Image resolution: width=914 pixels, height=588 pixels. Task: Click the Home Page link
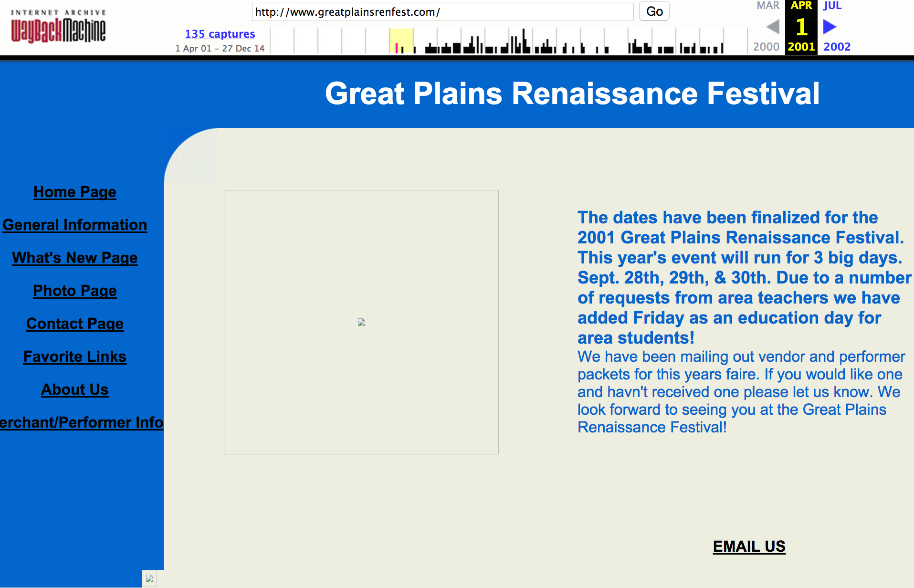click(x=75, y=192)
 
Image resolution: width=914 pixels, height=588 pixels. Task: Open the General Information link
click(x=75, y=225)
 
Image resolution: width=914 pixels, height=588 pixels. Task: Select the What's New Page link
click(x=75, y=258)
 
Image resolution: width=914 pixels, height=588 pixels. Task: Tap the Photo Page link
click(x=75, y=291)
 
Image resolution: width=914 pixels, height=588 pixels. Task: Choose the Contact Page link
click(x=75, y=324)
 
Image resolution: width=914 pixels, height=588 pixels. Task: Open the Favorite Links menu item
click(x=75, y=357)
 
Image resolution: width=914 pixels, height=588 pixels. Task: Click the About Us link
click(x=75, y=389)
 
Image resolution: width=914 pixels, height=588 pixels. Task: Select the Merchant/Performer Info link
click(x=82, y=422)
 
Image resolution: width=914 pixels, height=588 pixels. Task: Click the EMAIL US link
click(x=749, y=546)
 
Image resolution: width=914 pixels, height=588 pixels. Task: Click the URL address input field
click(x=442, y=12)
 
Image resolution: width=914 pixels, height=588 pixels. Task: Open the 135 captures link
click(x=220, y=34)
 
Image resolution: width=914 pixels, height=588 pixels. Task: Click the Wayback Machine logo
click(x=58, y=26)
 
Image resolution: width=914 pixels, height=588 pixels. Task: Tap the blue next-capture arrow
click(x=830, y=27)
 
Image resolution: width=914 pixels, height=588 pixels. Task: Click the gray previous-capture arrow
click(x=773, y=27)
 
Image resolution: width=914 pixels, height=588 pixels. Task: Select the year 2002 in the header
click(x=837, y=47)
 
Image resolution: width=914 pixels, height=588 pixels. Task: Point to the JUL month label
click(x=832, y=6)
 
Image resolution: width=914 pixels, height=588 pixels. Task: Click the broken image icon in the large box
click(x=361, y=322)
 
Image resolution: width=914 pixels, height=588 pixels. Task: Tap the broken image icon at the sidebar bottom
click(x=149, y=578)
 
